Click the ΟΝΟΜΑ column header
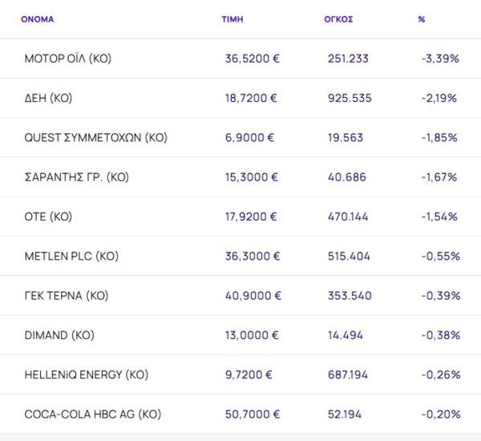coord(38,19)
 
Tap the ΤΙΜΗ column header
coord(232,19)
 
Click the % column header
coord(422,19)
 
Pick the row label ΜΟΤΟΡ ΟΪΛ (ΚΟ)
coord(68,59)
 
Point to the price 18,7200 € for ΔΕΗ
coord(251,98)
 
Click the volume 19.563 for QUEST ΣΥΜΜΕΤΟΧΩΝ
coord(346,137)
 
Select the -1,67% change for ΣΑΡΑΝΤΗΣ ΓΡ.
coord(439,176)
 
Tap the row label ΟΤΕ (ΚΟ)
coord(48,216)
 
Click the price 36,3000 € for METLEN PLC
coord(253,256)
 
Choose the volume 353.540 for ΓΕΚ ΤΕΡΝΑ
coord(350,295)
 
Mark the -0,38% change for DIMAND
coord(440,335)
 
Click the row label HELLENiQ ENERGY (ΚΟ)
coord(87,374)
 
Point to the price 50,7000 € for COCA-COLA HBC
coord(253,414)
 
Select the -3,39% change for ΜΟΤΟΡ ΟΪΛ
coord(440,59)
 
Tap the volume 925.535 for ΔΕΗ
coord(350,98)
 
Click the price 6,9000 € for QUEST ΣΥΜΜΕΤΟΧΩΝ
coord(249,137)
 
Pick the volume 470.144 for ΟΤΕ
coord(350,216)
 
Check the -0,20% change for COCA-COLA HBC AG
coord(440,414)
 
